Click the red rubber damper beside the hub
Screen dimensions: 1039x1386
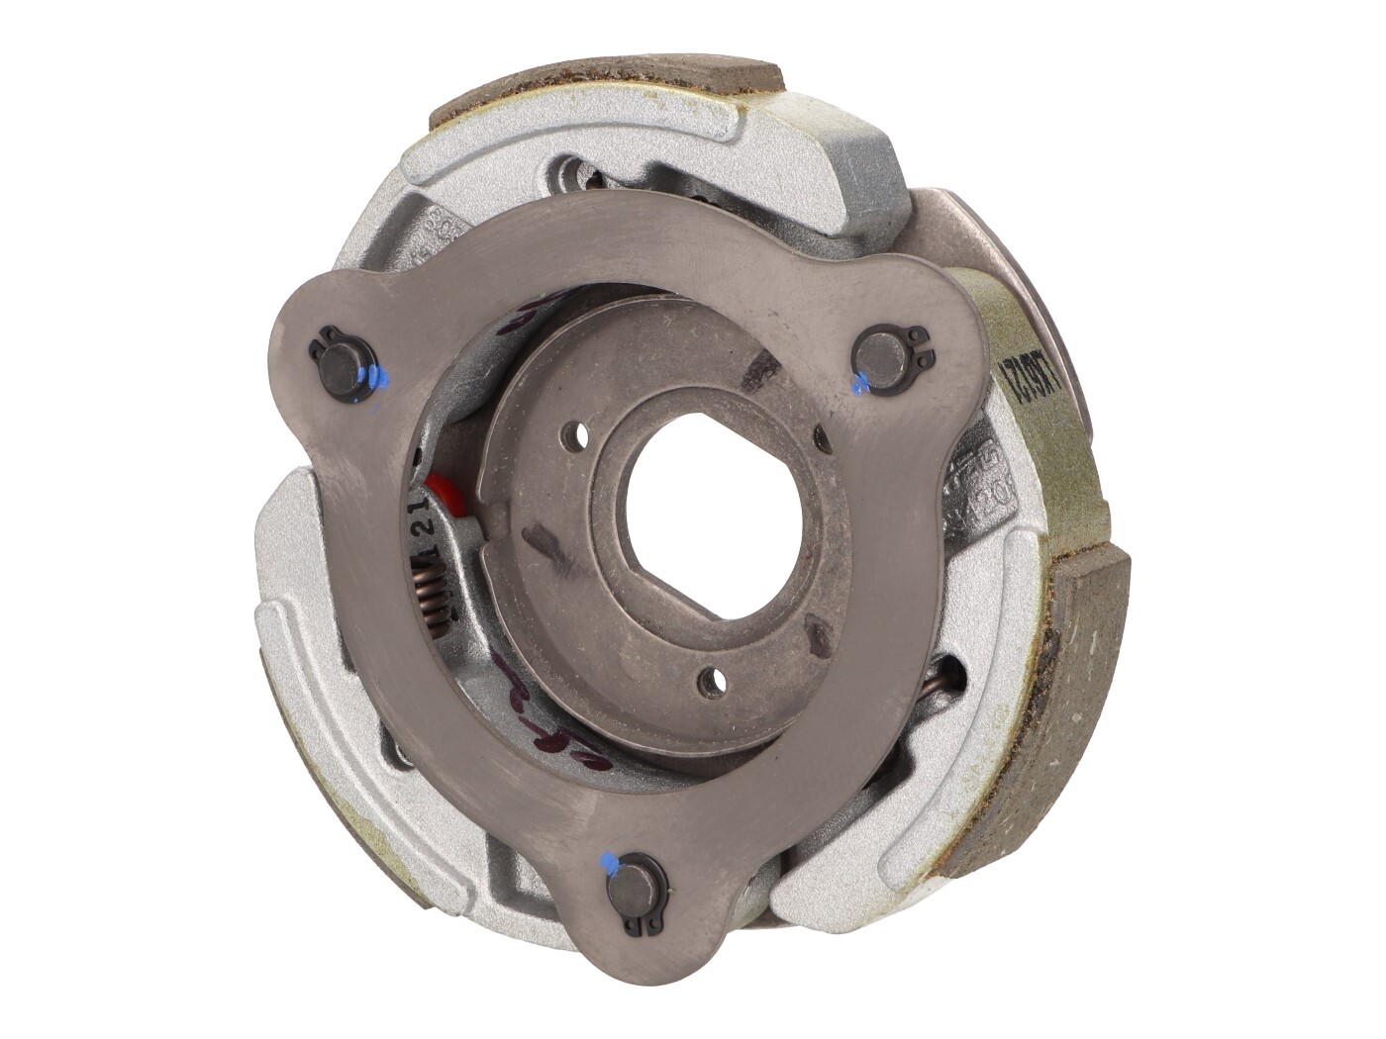click(x=437, y=490)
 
